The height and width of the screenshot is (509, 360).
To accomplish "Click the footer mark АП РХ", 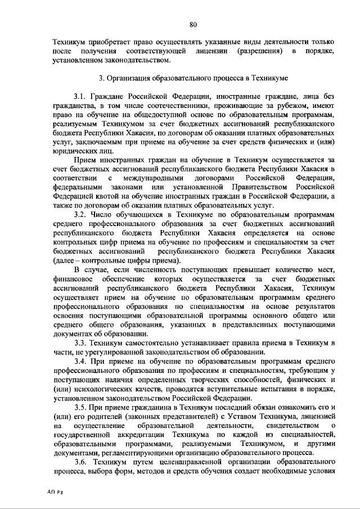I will (56, 491).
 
